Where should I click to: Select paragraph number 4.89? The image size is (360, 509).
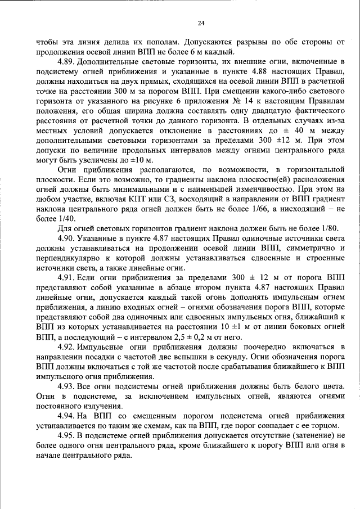tap(67, 60)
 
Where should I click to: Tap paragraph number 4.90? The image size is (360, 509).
tap(67, 238)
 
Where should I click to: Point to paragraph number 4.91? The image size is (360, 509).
tap(67, 279)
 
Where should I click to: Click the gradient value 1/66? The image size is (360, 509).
tap(263, 208)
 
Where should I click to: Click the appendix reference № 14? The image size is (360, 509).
tap(223, 100)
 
